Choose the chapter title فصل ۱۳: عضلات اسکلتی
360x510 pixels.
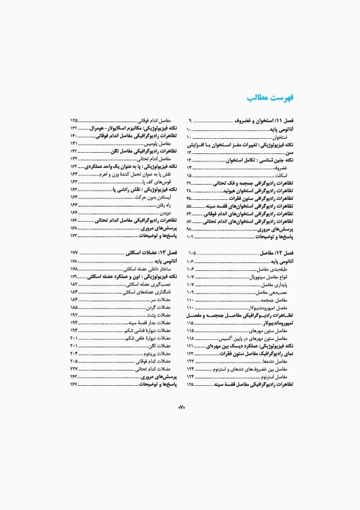[145, 254]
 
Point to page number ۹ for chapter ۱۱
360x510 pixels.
[191, 123]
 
